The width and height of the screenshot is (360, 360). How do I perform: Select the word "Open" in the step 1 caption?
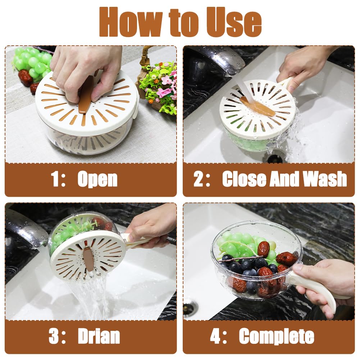(97, 179)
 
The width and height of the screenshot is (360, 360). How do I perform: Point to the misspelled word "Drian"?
(99, 336)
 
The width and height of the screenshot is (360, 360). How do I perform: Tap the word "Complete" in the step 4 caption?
(277, 336)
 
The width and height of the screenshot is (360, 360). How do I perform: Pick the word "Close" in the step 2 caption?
(245, 179)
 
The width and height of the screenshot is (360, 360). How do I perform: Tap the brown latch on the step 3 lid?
(88, 259)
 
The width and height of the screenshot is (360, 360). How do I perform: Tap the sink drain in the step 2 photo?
(275, 158)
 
